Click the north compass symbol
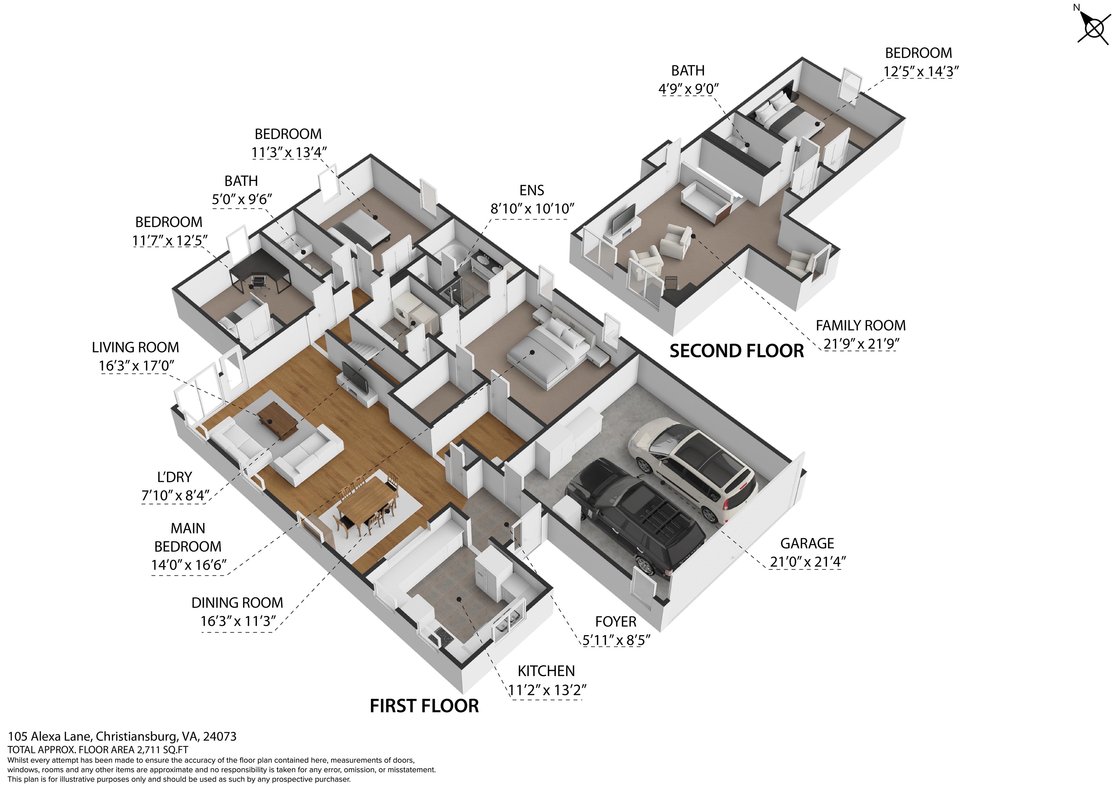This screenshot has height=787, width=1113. [1093, 28]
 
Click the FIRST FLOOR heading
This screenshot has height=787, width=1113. [424, 706]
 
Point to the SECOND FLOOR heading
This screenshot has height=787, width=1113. [736, 351]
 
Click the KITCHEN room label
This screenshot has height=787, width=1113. [546, 671]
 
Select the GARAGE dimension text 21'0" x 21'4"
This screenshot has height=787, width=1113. [808, 562]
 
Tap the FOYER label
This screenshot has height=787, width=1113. [616, 622]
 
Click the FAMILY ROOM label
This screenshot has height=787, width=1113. [860, 326]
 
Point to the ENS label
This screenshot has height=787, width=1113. [532, 191]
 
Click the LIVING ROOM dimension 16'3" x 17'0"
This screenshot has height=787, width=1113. [136, 366]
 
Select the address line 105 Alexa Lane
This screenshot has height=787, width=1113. [122, 737]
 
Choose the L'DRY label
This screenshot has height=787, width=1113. [175, 477]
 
